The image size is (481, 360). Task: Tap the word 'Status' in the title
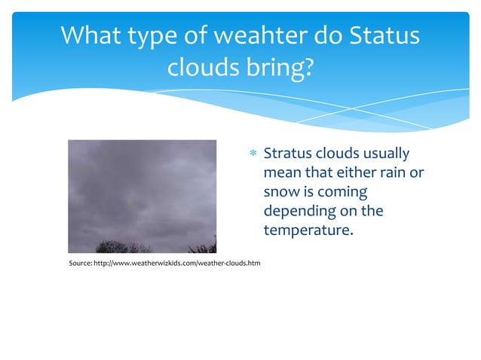(382, 35)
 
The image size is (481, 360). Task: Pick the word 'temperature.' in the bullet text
(308, 229)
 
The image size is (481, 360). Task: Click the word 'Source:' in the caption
(79, 262)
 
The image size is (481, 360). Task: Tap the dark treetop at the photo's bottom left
(113, 246)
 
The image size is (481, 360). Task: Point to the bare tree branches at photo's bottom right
(202, 245)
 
